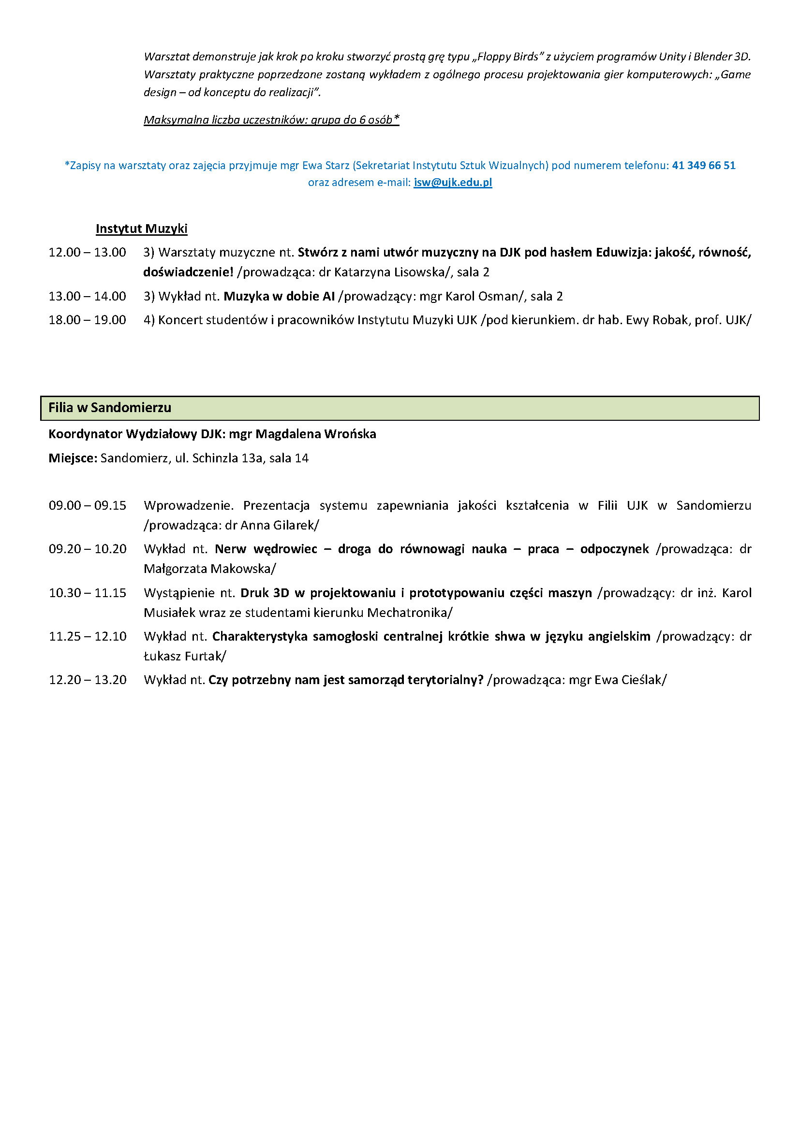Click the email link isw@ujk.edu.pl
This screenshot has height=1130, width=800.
coord(453,183)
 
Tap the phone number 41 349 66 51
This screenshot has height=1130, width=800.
coord(703,165)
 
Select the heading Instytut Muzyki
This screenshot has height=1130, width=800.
coord(141,229)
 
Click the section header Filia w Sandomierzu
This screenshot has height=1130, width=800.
coord(110,408)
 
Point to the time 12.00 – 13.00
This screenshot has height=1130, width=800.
coord(87,253)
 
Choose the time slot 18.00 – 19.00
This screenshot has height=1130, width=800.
coord(87,320)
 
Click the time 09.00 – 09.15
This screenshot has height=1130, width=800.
coord(87,505)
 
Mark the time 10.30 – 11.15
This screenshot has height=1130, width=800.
coord(87,593)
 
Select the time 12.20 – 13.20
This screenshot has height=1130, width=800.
coord(87,680)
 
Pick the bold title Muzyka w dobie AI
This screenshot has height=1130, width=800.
coord(279,296)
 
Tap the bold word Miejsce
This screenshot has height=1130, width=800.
coord(72,458)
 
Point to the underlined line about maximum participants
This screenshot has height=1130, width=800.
coord(271,120)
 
